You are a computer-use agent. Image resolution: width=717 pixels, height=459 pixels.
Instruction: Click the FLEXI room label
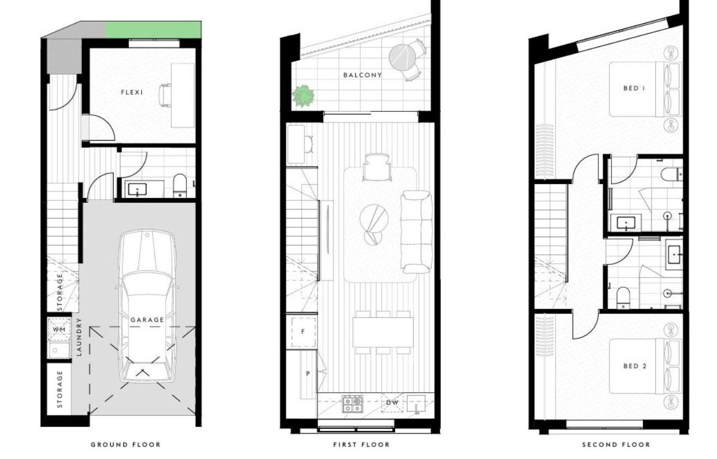coord(132,93)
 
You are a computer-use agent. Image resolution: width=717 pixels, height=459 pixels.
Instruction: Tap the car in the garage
coord(147,306)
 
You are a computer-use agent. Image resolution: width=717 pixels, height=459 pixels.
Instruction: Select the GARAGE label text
coord(147,319)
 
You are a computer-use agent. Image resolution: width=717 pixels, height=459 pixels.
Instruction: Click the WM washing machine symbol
coord(59,329)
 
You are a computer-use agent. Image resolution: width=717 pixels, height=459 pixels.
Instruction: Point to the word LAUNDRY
coord(79,336)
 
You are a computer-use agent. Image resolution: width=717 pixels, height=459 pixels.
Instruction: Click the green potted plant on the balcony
coord(303,96)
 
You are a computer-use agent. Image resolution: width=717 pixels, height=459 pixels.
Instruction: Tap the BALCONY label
coord(362,75)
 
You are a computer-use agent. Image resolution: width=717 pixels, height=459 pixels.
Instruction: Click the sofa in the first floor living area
coord(416,232)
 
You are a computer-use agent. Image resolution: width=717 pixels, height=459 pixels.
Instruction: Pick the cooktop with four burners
coord(352,404)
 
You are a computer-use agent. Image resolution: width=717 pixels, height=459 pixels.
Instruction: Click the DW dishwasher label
coord(392,403)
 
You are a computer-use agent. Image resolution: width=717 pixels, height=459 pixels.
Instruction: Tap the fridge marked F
coord(303,331)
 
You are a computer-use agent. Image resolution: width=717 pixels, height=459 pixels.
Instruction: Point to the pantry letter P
coord(308,373)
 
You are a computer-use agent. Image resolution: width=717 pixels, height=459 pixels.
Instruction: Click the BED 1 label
coord(634,88)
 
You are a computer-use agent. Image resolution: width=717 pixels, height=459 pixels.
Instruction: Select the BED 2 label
coord(635,366)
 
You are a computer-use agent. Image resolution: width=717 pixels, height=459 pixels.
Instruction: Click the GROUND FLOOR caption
coord(126,444)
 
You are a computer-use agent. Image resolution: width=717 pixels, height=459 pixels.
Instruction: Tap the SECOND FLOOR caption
coord(616,444)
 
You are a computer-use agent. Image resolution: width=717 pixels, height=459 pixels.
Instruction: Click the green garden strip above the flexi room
coord(154,29)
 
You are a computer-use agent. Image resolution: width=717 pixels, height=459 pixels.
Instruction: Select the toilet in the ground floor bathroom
coord(180,185)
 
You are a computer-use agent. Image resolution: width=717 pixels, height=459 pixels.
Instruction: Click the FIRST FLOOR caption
coord(361,444)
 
